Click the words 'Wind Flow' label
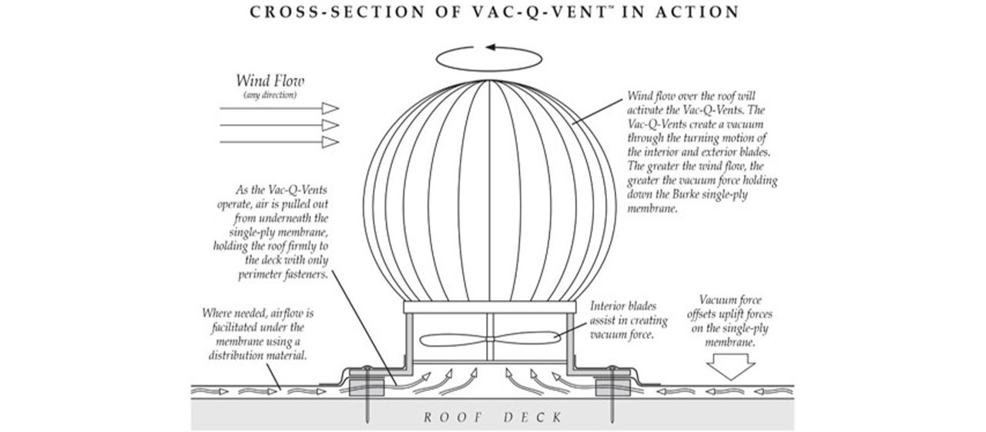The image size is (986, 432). (x=270, y=81)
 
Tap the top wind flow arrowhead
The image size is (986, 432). (x=330, y=108)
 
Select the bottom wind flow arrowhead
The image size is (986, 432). (x=330, y=142)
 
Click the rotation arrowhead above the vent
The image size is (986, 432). (x=491, y=47)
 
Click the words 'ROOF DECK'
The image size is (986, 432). (x=493, y=417)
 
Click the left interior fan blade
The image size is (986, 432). (x=454, y=339)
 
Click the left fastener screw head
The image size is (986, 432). (x=366, y=368)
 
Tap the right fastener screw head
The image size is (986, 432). (x=612, y=368)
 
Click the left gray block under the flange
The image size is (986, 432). (x=366, y=388)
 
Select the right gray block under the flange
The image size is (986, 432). (x=612, y=388)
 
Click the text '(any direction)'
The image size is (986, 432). (x=270, y=95)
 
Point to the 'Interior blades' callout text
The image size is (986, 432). (x=623, y=306)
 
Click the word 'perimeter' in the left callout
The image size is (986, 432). (x=260, y=275)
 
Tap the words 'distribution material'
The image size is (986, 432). (x=257, y=356)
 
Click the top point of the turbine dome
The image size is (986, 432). (x=489, y=80)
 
